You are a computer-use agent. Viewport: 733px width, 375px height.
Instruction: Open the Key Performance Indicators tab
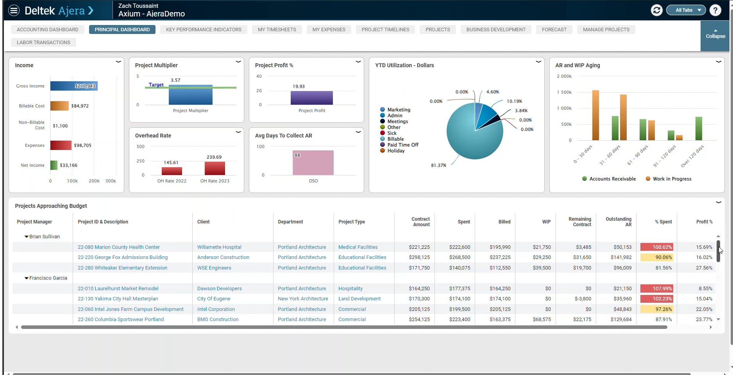pyautogui.click(x=204, y=30)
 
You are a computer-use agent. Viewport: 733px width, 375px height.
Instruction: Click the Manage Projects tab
pyautogui.click(x=606, y=30)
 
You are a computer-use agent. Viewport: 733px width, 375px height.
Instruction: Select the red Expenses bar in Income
pyautogui.click(x=61, y=145)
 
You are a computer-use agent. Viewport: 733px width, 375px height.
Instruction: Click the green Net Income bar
pyautogui.click(x=54, y=165)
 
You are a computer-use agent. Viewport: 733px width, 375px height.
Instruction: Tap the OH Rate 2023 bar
pyautogui.click(x=215, y=168)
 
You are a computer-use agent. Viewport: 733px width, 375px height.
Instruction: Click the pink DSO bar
pyautogui.click(x=313, y=163)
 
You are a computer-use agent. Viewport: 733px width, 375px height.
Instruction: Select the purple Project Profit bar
pyautogui.click(x=312, y=98)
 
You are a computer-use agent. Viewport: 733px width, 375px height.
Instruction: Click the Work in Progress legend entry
pyautogui.click(x=669, y=179)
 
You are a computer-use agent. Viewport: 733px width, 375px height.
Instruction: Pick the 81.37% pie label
pyautogui.click(x=438, y=165)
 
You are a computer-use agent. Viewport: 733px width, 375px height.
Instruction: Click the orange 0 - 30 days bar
pyautogui.click(x=595, y=115)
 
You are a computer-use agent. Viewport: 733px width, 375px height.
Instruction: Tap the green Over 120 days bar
pyautogui.click(x=699, y=129)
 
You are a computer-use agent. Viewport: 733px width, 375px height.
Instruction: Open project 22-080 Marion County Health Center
pyautogui.click(x=119, y=247)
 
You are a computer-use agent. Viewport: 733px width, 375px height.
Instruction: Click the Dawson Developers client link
pyautogui.click(x=220, y=289)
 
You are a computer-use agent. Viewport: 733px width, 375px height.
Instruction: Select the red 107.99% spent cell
pyautogui.click(x=657, y=289)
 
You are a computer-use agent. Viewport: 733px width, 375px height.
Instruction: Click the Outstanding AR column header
pyautogui.click(x=619, y=222)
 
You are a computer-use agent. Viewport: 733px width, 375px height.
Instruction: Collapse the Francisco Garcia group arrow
pyautogui.click(x=27, y=278)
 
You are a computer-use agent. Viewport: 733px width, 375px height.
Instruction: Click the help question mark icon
pyautogui.click(x=715, y=10)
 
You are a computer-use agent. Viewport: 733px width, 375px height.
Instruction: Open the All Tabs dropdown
pyautogui.click(x=686, y=10)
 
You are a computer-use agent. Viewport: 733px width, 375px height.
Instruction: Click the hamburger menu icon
pyautogui.click(x=14, y=10)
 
